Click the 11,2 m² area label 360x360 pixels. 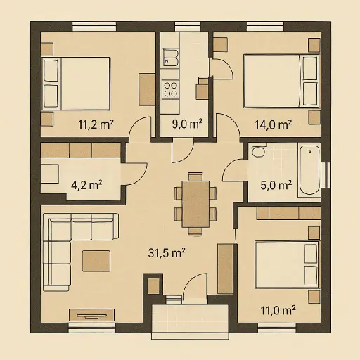coord(96,125)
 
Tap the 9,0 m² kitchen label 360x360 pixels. coord(186,125)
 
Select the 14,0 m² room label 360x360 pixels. coord(273,125)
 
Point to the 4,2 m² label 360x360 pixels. coord(86,186)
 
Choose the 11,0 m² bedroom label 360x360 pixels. coord(276,309)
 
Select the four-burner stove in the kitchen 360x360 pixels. coord(171,89)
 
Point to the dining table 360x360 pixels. coord(195,204)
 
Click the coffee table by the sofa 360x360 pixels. coord(96,260)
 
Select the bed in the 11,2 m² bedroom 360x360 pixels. coord(76,82)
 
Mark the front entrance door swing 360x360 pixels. coord(193,288)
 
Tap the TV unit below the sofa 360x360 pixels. coord(91,314)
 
